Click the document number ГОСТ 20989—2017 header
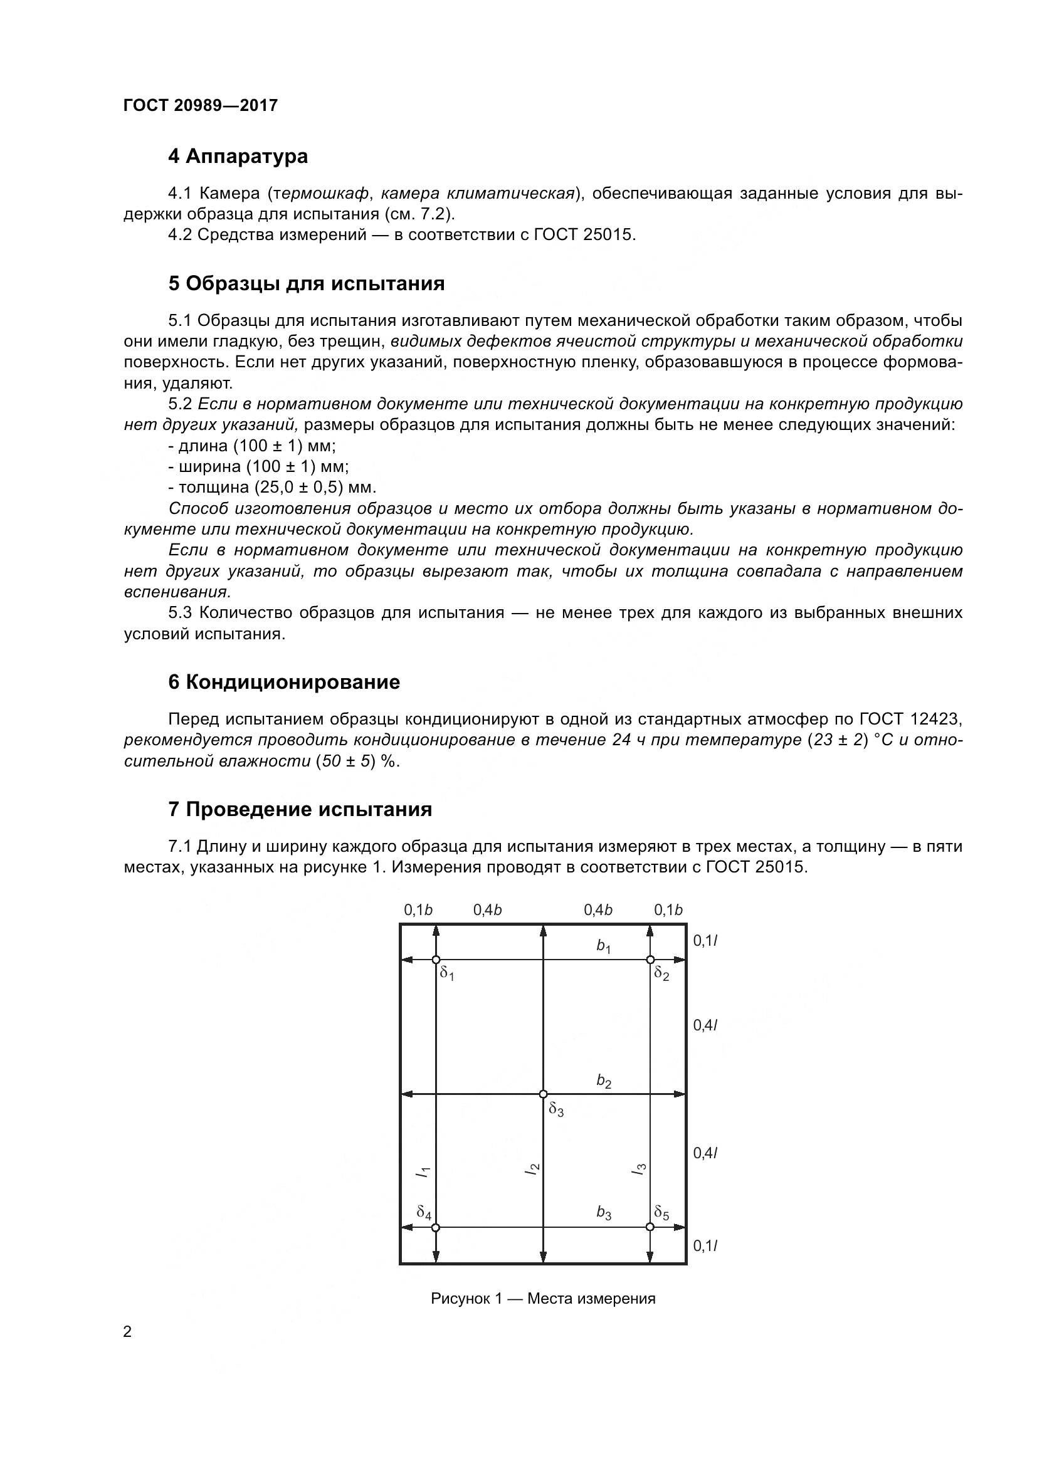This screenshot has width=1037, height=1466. click(201, 105)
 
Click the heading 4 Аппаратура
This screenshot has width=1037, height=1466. click(238, 157)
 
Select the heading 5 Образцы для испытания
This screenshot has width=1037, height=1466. click(306, 283)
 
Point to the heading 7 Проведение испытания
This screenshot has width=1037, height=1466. click(300, 810)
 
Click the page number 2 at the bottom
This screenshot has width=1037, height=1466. click(127, 1332)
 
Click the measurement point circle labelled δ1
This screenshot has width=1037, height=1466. click(436, 960)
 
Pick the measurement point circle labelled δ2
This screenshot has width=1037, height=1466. click(650, 960)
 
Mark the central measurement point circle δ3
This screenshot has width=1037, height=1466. click(543, 1094)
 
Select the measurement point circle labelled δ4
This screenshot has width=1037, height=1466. click(436, 1227)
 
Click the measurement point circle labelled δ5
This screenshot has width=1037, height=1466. click(650, 1227)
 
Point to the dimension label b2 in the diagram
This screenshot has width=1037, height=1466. click(603, 1081)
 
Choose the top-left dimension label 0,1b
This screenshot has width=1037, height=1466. click(418, 910)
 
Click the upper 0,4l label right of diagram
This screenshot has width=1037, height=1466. click(705, 1025)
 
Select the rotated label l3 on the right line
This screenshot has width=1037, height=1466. click(639, 1168)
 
